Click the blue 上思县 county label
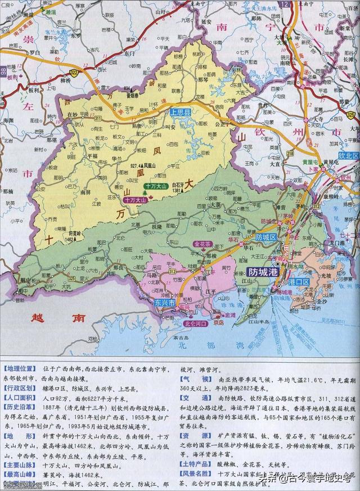(181, 112)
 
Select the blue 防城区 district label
(267, 238)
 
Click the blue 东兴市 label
(165, 303)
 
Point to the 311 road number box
(98, 119)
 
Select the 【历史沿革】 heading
(20, 406)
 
